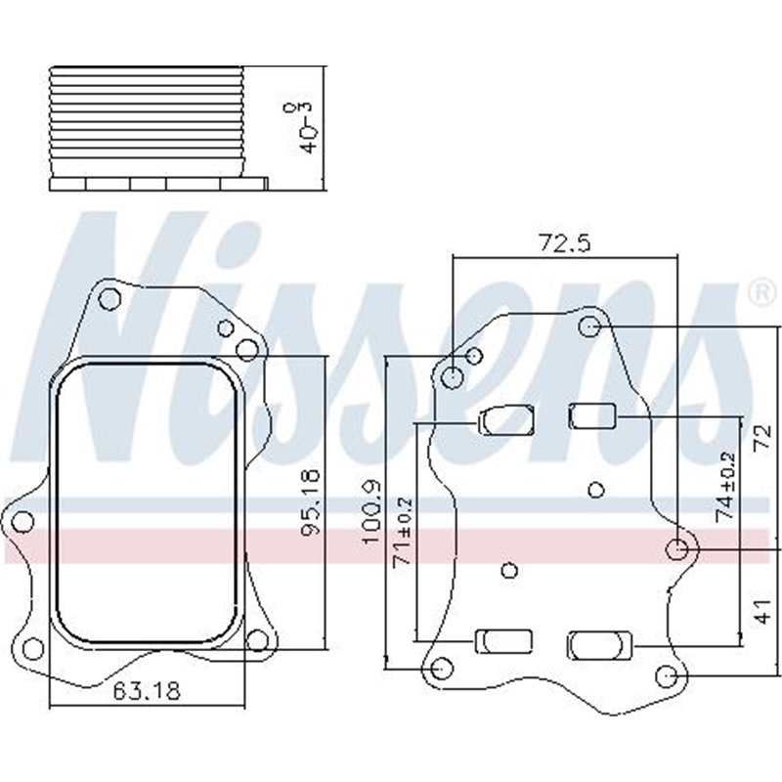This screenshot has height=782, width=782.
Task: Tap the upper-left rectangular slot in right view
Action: click(504, 421)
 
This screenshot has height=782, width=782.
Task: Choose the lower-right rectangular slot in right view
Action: click(600, 644)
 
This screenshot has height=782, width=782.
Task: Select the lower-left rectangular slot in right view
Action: click(504, 641)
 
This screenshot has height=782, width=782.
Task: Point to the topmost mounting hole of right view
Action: click(589, 325)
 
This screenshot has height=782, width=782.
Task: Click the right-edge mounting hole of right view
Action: click(676, 550)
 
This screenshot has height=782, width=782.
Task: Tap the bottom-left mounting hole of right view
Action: click(441, 669)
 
